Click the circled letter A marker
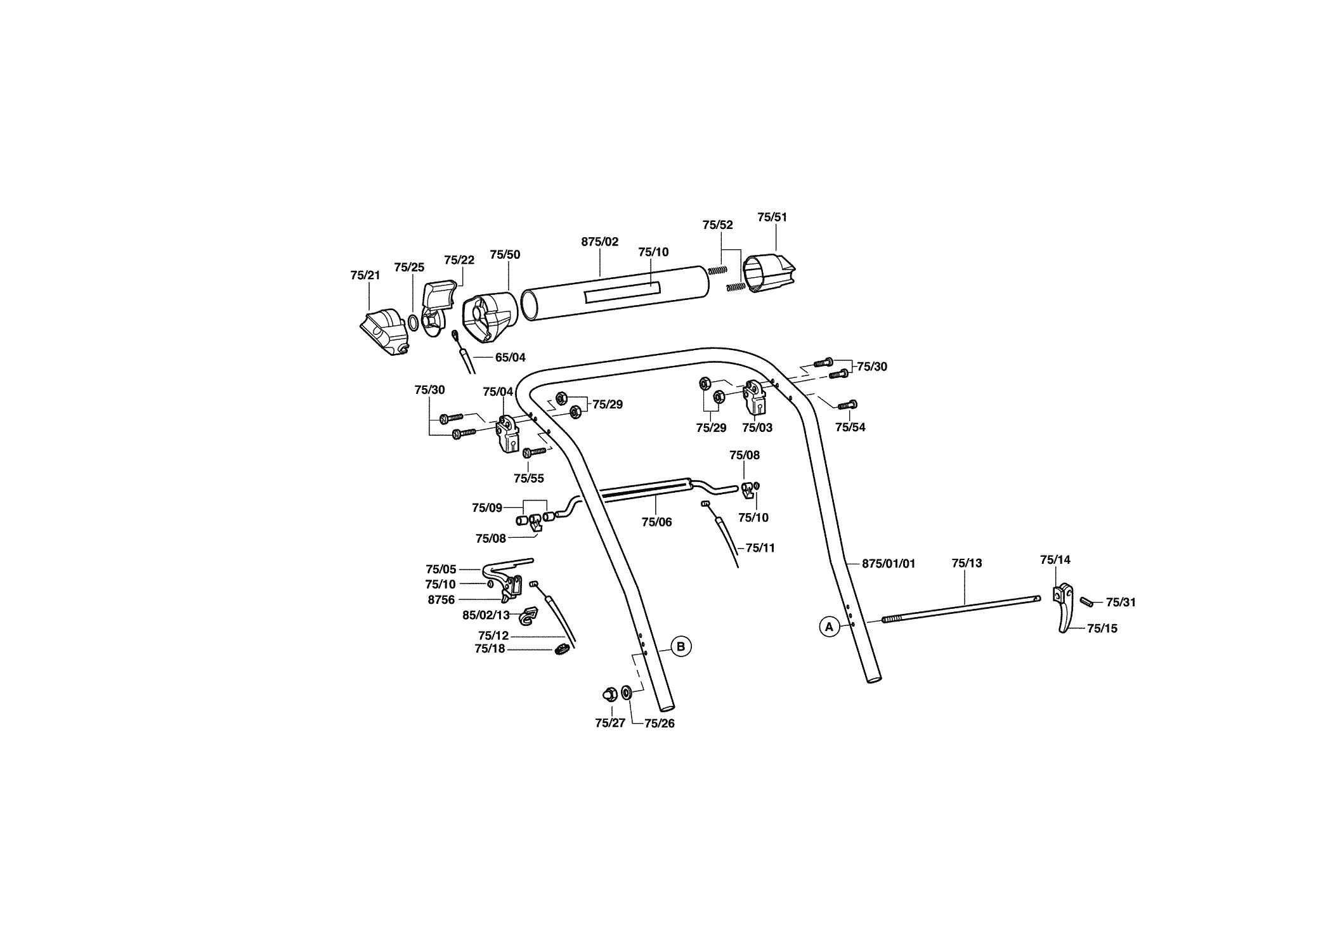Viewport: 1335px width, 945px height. point(828,627)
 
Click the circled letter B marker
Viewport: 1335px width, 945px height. point(681,647)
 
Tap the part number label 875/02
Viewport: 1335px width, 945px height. point(599,242)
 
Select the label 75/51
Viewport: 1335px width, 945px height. point(772,217)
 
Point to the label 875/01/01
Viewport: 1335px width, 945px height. point(889,563)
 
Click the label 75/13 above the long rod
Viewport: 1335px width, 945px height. point(967,563)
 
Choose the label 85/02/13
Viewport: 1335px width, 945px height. point(486,615)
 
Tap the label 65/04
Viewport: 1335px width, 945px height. point(511,358)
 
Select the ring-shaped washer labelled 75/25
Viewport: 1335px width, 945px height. point(413,323)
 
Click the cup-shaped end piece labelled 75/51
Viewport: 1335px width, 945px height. point(769,274)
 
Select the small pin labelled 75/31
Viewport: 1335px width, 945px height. point(1087,601)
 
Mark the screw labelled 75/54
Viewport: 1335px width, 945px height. point(848,405)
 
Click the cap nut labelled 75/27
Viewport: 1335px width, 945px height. point(608,693)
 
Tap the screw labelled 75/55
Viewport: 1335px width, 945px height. point(534,452)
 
